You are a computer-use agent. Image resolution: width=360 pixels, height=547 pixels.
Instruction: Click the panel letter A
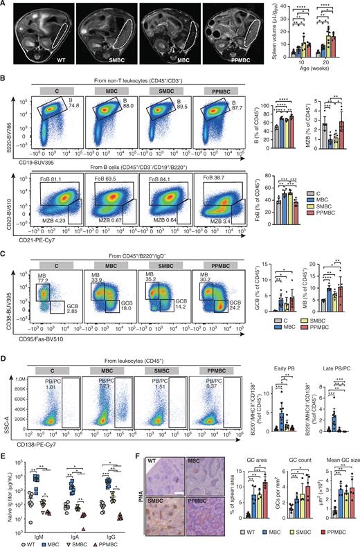4,5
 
